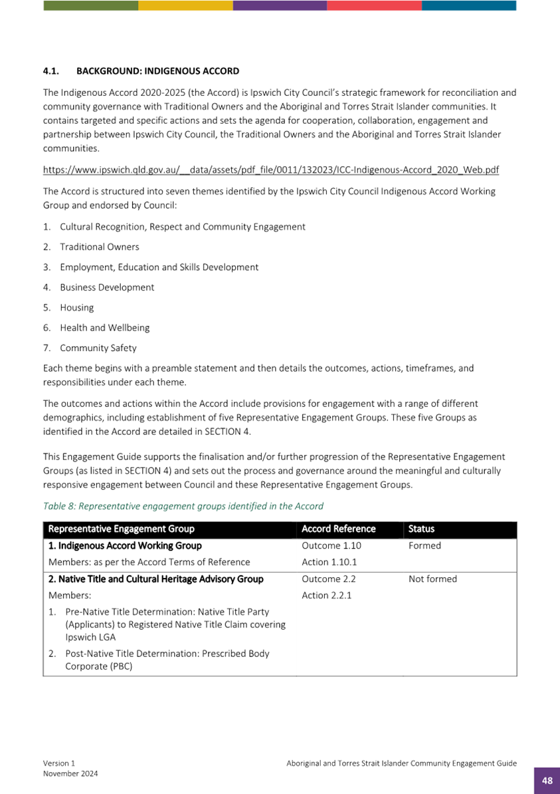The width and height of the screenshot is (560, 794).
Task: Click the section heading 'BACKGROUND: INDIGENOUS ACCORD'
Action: pos(157,70)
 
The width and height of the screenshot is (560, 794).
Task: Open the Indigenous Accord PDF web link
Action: pos(271,170)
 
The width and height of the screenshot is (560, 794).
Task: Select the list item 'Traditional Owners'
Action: pos(100,247)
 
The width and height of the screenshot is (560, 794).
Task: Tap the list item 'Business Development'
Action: pos(107,287)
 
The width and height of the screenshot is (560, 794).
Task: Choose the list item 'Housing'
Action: pos(77,308)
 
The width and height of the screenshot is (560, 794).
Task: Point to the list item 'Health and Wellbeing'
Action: pos(105,328)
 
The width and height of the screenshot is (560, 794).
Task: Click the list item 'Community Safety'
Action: pos(98,348)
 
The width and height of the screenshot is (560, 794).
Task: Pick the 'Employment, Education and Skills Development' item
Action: pos(159,267)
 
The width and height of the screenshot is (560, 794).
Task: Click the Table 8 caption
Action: pos(183,506)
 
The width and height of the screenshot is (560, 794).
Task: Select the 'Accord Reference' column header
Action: pos(339,529)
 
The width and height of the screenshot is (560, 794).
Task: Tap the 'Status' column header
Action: pos(421,529)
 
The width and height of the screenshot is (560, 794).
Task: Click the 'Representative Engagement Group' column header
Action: pos(122,529)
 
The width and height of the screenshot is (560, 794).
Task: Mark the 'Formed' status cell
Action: pos(425,546)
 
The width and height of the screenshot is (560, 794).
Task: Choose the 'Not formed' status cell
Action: pos(432,579)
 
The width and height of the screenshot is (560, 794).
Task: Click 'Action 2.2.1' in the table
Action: pos(326,596)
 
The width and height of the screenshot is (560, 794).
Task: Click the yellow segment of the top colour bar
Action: pos(185,5)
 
